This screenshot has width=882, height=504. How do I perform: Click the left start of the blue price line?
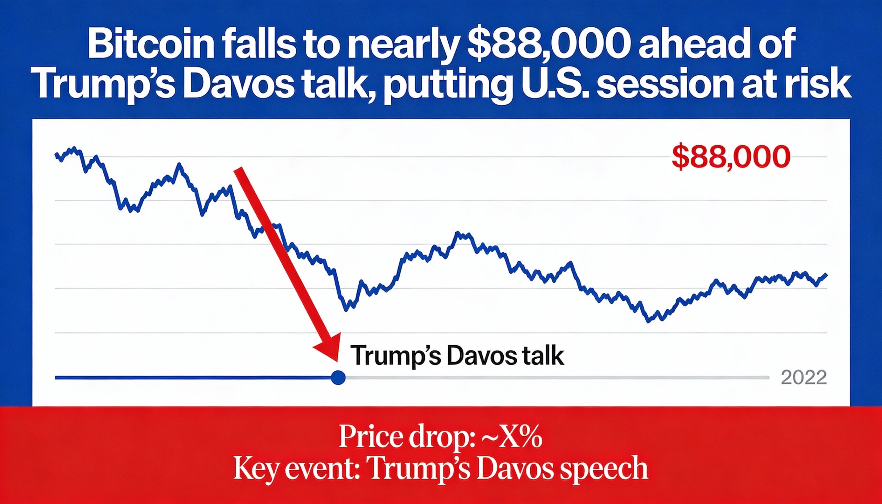tap(56, 155)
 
